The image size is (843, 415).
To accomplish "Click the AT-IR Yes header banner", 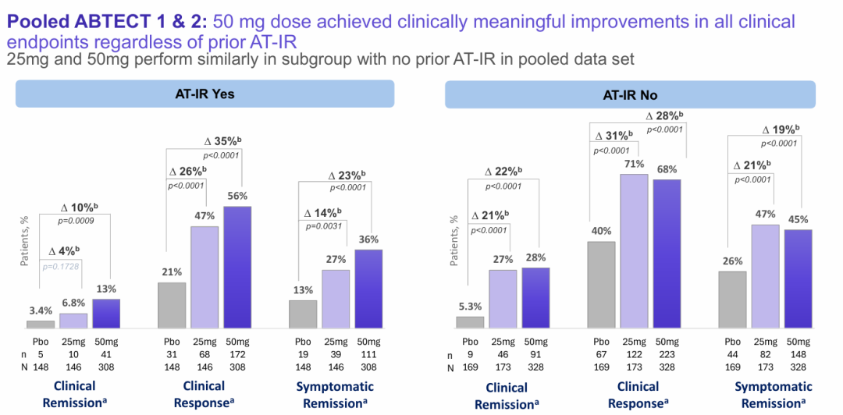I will (205, 94).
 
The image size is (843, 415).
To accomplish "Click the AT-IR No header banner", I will (630, 95).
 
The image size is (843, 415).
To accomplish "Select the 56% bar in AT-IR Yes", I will (237, 267).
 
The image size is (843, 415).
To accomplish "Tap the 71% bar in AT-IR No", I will (634, 250).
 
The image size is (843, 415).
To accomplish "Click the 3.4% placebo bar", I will (41, 324).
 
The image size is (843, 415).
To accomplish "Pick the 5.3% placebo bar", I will (470, 321).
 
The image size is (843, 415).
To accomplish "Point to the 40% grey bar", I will (601, 284).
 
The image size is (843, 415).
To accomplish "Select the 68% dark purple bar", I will (667, 254).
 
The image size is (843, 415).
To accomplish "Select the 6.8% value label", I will (73, 302).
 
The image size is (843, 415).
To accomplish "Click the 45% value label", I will (798, 219).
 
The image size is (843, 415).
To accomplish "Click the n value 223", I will (667, 354).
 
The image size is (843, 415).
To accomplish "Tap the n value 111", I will (368, 354).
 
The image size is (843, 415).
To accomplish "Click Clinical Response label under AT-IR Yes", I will (204, 392).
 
